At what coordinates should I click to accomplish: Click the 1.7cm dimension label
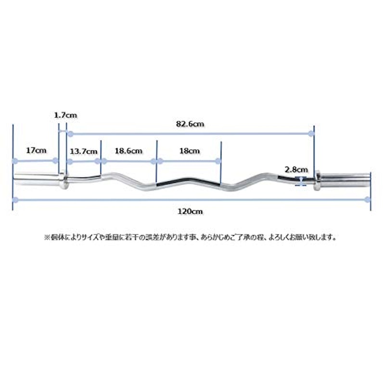click(x=65, y=115)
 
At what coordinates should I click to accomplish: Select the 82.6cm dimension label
click(x=190, y=124)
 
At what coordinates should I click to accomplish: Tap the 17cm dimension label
click(x=36, y=150)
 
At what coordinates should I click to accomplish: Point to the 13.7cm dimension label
click(x=83, y=151)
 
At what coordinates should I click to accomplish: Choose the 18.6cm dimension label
click(x=128, y=151)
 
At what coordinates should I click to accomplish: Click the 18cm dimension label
click(x=189, y=151)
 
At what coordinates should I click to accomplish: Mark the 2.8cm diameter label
click(x=296, y=169)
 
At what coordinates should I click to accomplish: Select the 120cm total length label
click(x=190, y=211)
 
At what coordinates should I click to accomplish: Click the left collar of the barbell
click(x=64, y=180)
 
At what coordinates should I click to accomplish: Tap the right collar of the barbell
click(x=317, y=181)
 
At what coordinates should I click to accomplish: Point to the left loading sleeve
click(x=37, y=179)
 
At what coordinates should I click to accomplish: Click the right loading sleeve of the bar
click(x=345, y=181)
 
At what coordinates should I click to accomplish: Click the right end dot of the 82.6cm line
click(x=311, y=134)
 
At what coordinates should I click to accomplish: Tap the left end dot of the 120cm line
click(x=15, y=200)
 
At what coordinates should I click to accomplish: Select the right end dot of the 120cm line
click(x=368, y=200)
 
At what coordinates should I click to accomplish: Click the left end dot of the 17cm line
click(x=15, y=161)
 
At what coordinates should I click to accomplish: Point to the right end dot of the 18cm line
click(x=218, y=161)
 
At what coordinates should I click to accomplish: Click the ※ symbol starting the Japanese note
click(x=47, y=237)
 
